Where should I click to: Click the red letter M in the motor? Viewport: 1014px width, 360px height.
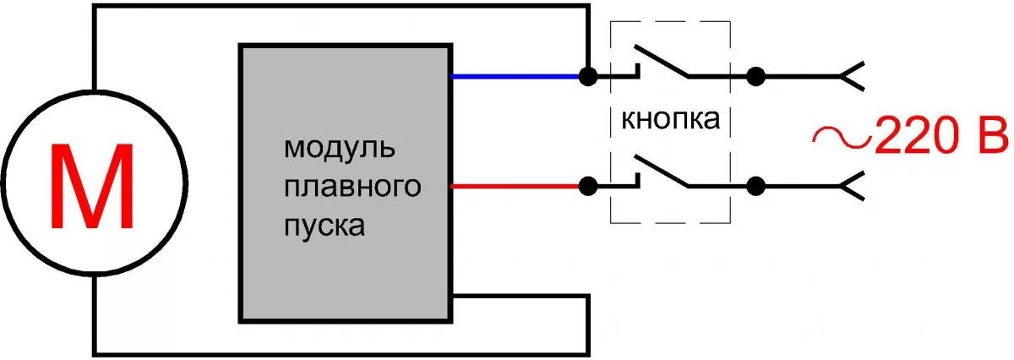tap(93, 188)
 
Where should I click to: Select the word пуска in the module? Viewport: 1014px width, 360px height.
tap(325, 226)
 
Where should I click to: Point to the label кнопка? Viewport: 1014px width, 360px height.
tap(670, 119)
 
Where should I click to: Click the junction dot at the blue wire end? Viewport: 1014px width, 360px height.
tap(586, 76)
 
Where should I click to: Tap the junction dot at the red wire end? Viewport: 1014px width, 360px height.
tap(586, 185)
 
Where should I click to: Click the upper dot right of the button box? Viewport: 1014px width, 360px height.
tap(755, 76)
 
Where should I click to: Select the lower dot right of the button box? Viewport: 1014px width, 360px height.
tap(755, 185)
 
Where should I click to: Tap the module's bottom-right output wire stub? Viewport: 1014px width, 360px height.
tap(520, 297)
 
